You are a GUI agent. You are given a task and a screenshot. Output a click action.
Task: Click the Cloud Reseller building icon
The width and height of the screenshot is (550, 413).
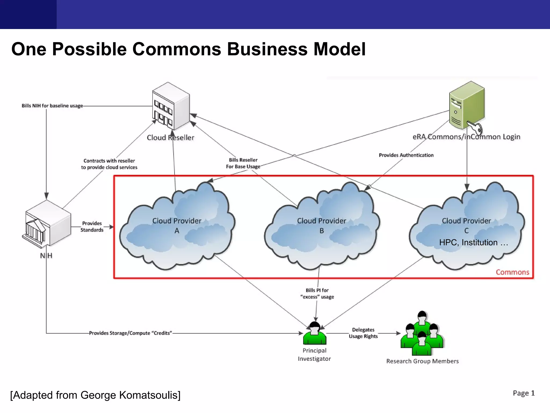point(171,107)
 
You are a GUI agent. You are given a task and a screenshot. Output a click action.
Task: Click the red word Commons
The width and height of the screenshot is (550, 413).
point(512,272)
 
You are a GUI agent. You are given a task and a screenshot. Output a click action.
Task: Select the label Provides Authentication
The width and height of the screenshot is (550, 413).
point(406,155)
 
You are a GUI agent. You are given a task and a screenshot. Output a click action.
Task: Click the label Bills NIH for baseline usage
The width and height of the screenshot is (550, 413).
point(52,106)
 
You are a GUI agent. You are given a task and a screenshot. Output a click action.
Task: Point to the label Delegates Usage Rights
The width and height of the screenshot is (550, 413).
point(363,333)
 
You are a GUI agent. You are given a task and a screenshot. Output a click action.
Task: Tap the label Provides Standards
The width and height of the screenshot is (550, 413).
point(92,227)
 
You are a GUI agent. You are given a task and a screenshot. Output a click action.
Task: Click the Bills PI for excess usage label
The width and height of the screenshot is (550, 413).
point(317,294)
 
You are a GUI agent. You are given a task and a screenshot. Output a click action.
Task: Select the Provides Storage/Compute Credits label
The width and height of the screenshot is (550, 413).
point(131,333)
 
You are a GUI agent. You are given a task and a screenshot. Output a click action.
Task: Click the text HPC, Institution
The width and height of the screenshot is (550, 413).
point(473,243)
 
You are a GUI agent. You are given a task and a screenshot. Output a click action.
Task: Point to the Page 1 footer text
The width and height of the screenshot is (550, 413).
point(523,393)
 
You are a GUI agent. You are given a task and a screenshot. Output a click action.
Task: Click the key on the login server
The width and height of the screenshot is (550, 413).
point(475,127)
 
